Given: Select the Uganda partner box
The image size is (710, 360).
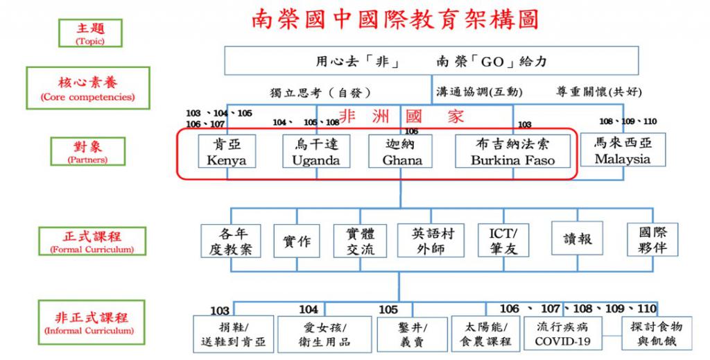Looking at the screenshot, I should point(316,151).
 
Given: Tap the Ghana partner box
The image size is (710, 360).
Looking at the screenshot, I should point(401,151).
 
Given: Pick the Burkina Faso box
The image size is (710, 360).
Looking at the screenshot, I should point(512,151).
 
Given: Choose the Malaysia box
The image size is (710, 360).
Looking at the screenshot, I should point(623,150).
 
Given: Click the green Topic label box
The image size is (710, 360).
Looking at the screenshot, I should point(91,33).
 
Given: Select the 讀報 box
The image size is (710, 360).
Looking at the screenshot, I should point(577,239).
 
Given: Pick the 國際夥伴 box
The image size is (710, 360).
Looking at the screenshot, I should point(652,239).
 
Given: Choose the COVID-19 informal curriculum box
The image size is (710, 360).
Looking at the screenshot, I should point(563,334).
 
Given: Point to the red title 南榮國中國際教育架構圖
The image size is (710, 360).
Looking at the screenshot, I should point(395,19).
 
